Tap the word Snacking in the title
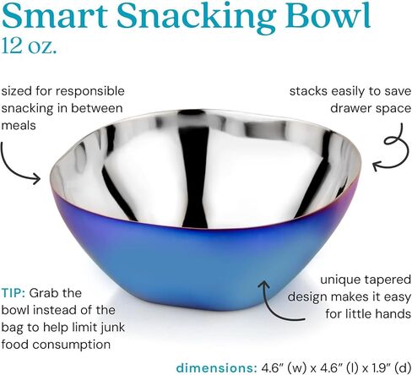[196, 18]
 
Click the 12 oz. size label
[29, 46]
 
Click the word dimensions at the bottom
[216, 367]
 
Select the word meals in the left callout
[19, 125]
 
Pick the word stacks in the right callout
[308, 91]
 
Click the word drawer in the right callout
[349, 108]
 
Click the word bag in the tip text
[13, 329]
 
